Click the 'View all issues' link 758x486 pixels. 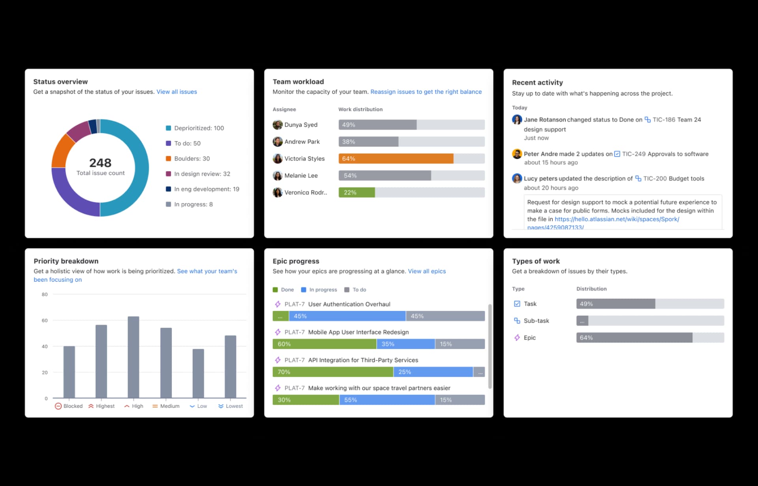[176, 92]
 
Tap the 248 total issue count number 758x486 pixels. [100, 163]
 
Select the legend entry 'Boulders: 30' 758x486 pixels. [191, 159]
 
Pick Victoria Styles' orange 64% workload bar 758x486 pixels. [396, 159]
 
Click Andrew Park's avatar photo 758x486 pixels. [278, 142]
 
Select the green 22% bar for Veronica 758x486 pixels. [356, 193]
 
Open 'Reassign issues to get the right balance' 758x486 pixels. [426, 92]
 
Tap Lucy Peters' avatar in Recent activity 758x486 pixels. [517, 178]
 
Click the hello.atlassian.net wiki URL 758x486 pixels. [617, 219]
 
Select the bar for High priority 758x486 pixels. [133, 357]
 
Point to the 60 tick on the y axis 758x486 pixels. [45, 321]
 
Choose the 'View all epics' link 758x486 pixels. [427, 271]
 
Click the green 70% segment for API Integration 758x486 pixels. [332, 372]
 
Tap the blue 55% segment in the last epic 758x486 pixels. [387, 400]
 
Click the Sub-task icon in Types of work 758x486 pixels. [517, 321]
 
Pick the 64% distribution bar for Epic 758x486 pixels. [634, 338]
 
